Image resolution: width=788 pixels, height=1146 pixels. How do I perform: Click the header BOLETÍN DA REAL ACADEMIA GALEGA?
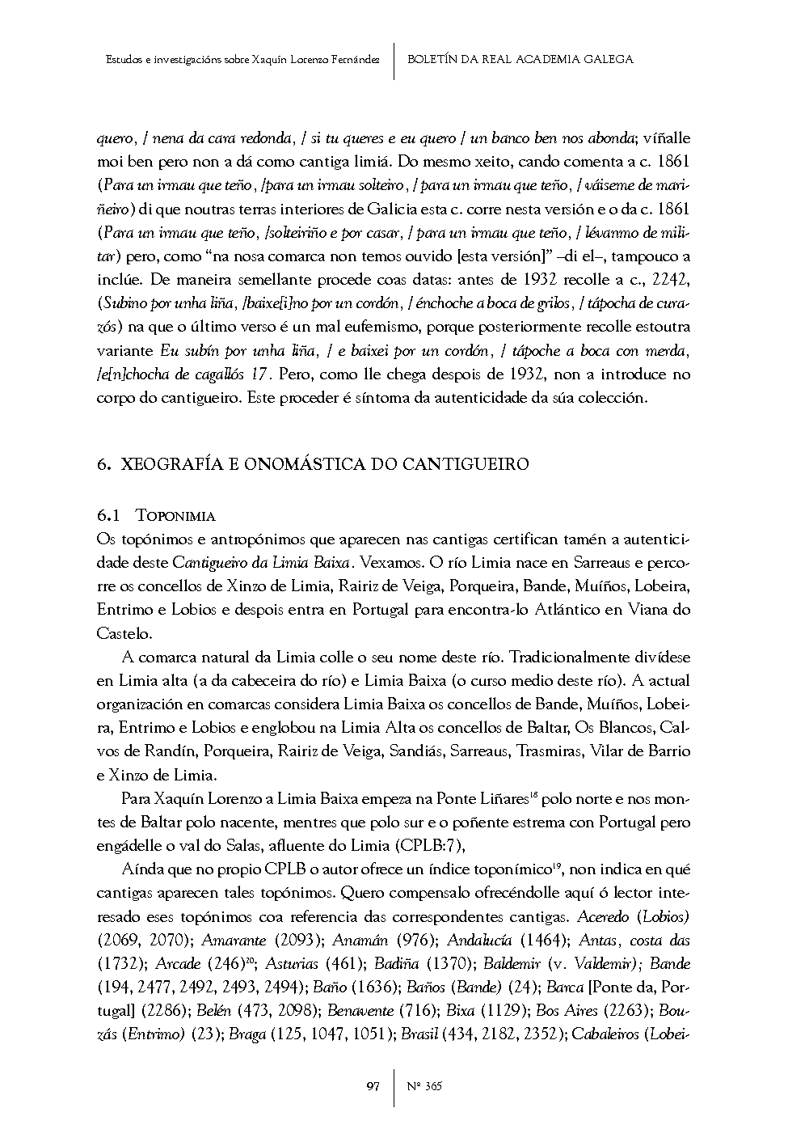[x=520, y=59]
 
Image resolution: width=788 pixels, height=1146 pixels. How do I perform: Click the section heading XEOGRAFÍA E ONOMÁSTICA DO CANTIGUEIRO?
[x=324, y=464]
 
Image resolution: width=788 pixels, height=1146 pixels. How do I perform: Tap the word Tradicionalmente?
[x=566, y=657]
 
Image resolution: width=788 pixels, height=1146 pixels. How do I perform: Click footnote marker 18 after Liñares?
[x=534, y=797]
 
